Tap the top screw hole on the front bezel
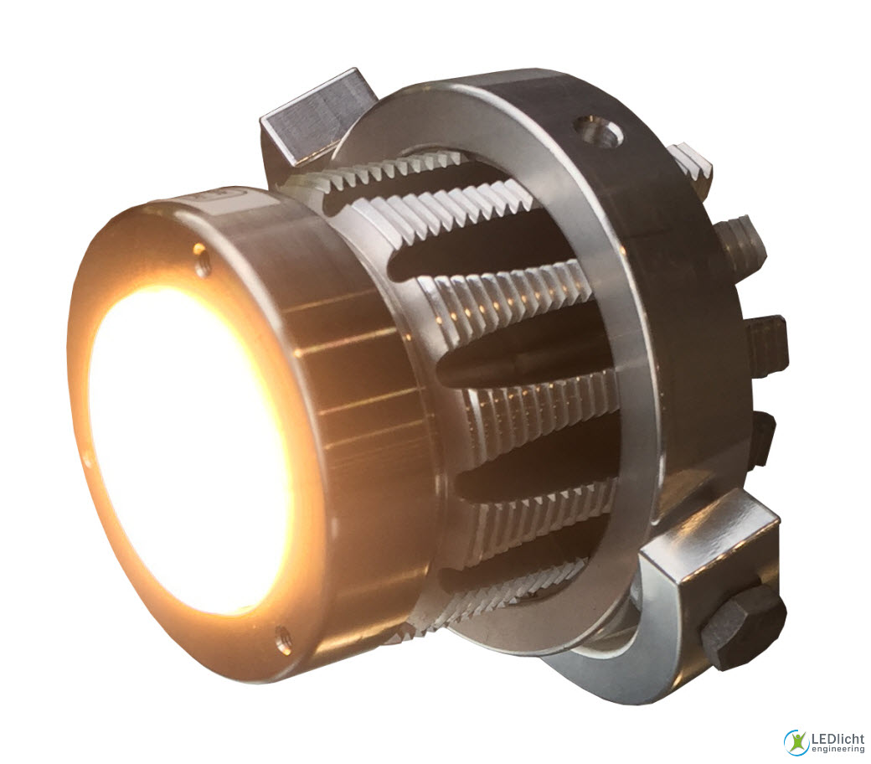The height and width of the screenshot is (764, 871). coord(199,249)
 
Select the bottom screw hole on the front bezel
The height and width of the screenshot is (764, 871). coord(282,639)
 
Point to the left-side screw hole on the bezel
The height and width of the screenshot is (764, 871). coord(86,458)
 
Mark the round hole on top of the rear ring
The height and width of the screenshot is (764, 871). coord(598,132)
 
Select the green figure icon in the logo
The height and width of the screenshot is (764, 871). coord(796,741)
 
